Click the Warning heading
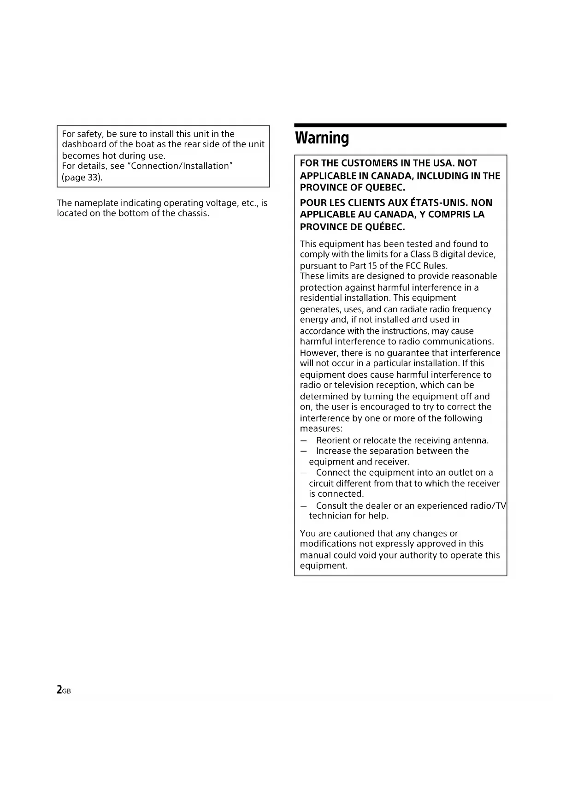point(322,138)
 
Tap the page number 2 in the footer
point(59,690)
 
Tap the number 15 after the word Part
point(372,266)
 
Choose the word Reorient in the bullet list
point(333,440)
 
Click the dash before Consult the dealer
point(303,506)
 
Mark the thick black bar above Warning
point(400,125)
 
